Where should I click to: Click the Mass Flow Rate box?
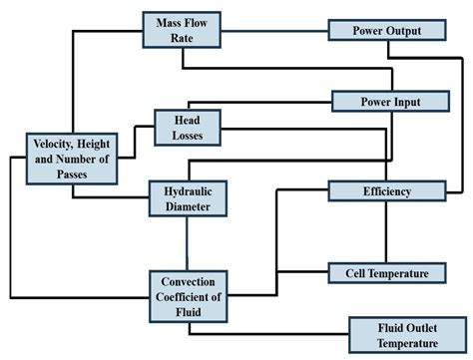181,30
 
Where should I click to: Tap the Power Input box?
390,101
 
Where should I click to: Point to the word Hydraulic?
186,190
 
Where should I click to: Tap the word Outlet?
407,328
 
